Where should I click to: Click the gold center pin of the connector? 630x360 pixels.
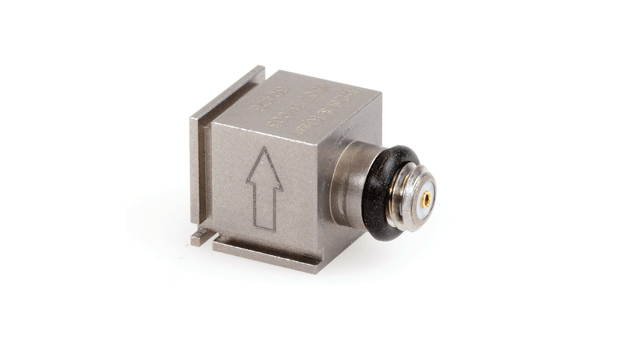tap(426, 199)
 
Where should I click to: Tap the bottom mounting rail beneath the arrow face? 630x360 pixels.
tap(267, 255)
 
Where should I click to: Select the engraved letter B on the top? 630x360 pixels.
tap(295, 107)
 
